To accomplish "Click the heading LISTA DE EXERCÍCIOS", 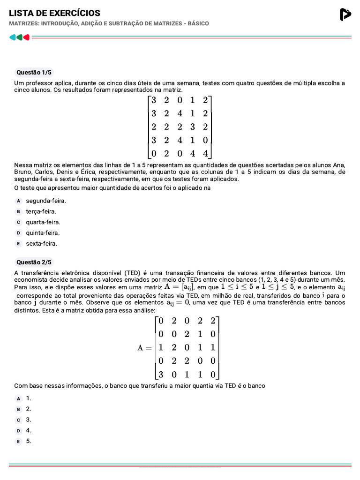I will (54, 13).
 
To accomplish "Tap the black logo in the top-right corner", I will (345, 15).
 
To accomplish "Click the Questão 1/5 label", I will (34, 72).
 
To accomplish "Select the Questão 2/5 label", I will (34, 262).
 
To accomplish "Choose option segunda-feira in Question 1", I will (46, 201).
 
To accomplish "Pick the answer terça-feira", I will (41, 211).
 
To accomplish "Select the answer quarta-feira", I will (43, 222).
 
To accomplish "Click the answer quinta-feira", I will (43, 233).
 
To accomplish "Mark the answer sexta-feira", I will (41, 244).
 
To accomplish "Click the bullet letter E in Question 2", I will (19, 442).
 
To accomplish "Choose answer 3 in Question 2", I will (29, 420).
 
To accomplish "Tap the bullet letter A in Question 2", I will (19, 398).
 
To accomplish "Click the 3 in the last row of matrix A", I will (161, 375).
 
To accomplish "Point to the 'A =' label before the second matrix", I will (145, 348).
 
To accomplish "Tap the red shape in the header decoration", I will (27, 37).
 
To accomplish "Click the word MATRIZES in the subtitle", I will (24, 23).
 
